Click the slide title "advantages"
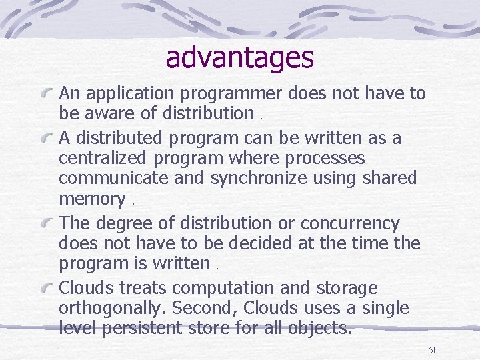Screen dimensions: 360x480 point(239,57)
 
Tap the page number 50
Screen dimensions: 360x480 point(433,350)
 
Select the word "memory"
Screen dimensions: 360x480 point(91,199)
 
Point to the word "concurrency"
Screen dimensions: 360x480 point(350,223)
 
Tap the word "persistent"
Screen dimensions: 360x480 point(153,329)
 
